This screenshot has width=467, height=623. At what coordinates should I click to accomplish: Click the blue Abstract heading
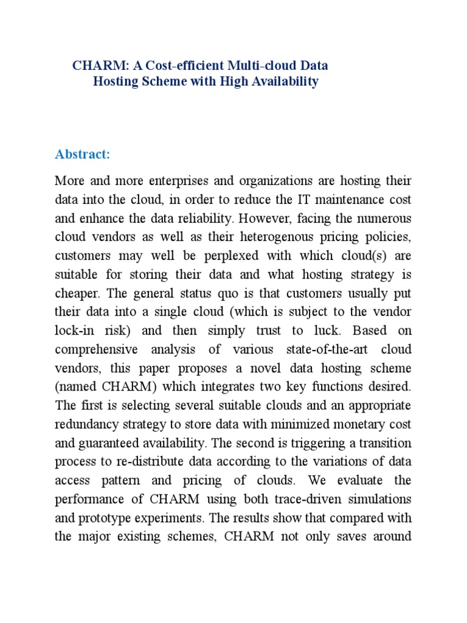[82, 155]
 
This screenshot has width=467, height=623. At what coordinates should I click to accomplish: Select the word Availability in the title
[283, 82]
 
